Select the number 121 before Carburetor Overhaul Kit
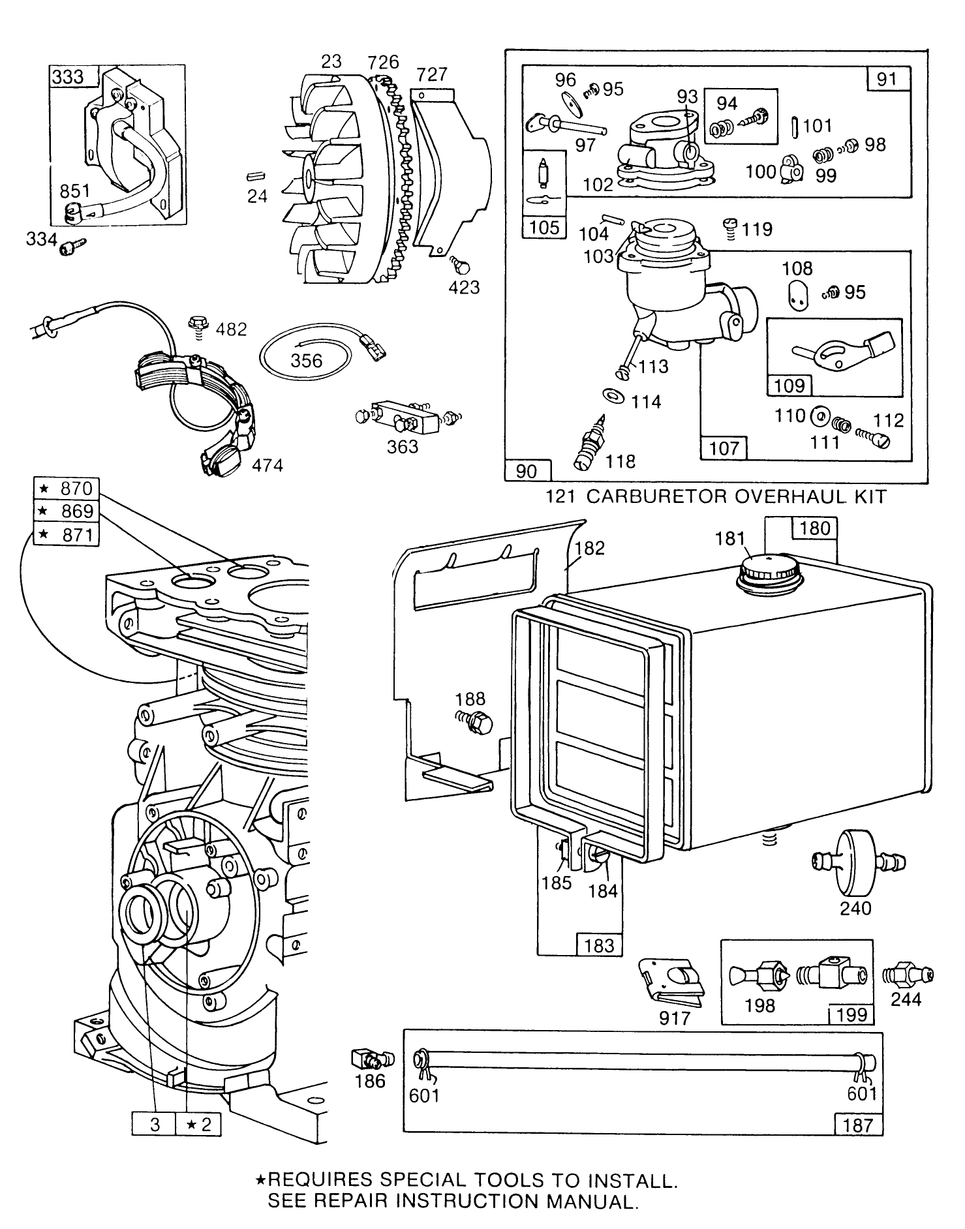tap(559, 496)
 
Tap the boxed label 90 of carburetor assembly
tap(527, 471)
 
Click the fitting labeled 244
tap(907, 975)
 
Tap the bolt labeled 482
tap(196, 324)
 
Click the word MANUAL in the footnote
tap(591, 1202)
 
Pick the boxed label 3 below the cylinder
tap(155, 1125)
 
